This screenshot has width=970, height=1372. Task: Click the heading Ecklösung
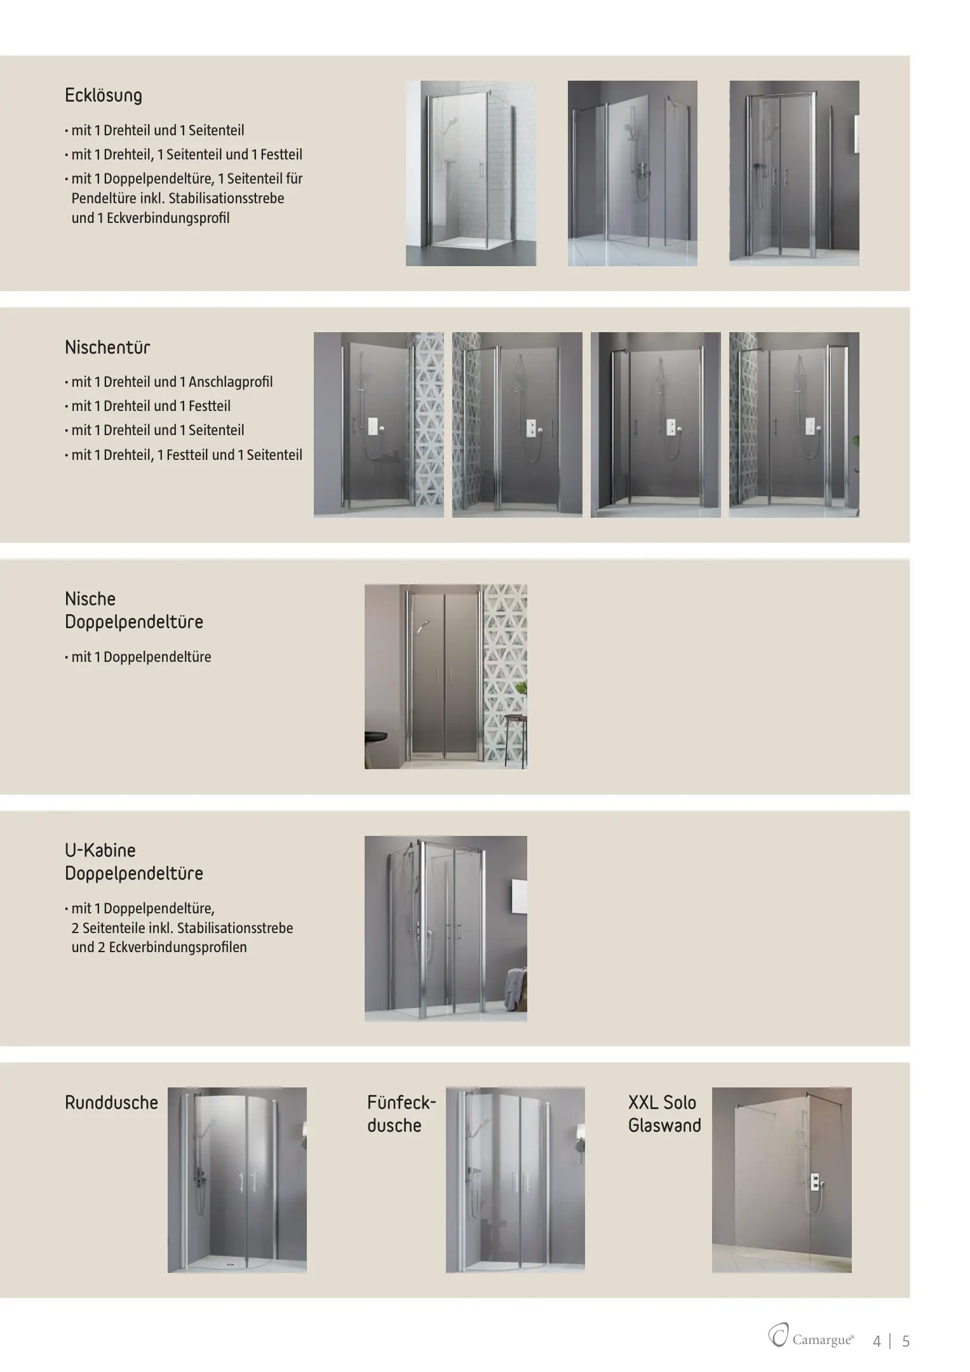[103, 96]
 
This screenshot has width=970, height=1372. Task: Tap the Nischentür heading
[107, 347]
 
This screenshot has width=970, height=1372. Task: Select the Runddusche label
[111, 1102]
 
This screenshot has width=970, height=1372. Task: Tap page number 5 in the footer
[906, 1341]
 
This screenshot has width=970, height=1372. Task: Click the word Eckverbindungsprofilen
[177, 947]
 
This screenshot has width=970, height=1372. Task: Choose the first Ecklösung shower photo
[471, 173]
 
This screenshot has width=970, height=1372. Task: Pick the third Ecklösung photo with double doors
[794, 173]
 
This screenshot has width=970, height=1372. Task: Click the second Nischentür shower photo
[517, 424]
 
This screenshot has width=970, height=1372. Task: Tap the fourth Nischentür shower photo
[794, 424]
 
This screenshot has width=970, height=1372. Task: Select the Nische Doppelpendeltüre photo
[445, 676]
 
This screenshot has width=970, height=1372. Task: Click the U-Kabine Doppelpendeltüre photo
[445, 928]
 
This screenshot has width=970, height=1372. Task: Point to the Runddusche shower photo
[237, 1180]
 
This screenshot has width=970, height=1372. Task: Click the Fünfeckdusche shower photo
[515, 1180]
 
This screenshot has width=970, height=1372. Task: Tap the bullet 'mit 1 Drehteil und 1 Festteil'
[151, 406]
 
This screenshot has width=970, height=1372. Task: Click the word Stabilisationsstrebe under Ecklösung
[226, 198]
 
